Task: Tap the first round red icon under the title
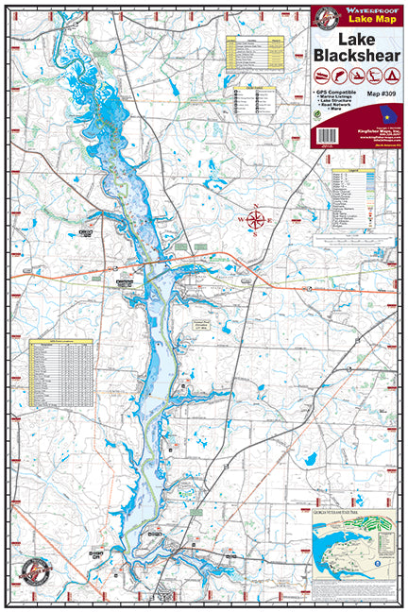(325, 76)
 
